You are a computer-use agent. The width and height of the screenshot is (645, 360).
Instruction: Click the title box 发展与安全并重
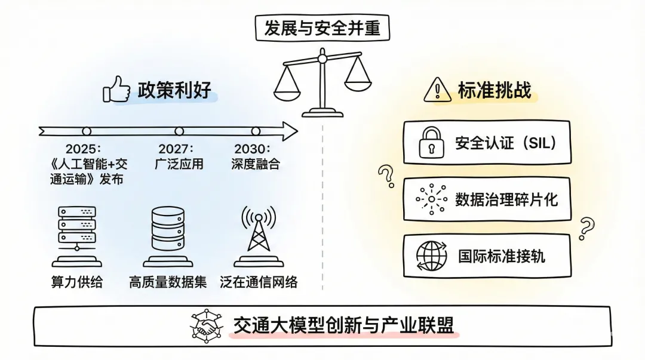pyautogui.click(x=322, y=27)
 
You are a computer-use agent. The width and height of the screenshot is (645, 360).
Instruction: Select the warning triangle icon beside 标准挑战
pyautogui.click(x=437, y=90)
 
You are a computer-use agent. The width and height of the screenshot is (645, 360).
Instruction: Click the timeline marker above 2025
pyautogui.click(x=87, y=131)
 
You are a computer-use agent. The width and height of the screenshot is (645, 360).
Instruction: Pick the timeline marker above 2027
pyautogui.click(x=179, y=131)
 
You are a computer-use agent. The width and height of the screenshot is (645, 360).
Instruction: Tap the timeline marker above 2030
pyautogui.click(x=256, y=131)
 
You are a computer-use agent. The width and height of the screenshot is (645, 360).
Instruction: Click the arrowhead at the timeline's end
pyautogui.click(x=290, y=131)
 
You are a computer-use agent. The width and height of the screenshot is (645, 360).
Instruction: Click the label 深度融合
pyautogui.click(x=256, y=163)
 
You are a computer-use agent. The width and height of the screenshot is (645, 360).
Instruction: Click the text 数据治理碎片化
pyautogui.click(x=506, y=199)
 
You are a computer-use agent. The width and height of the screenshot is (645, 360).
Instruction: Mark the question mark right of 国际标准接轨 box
pyautogui.click(x=588, y=227)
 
